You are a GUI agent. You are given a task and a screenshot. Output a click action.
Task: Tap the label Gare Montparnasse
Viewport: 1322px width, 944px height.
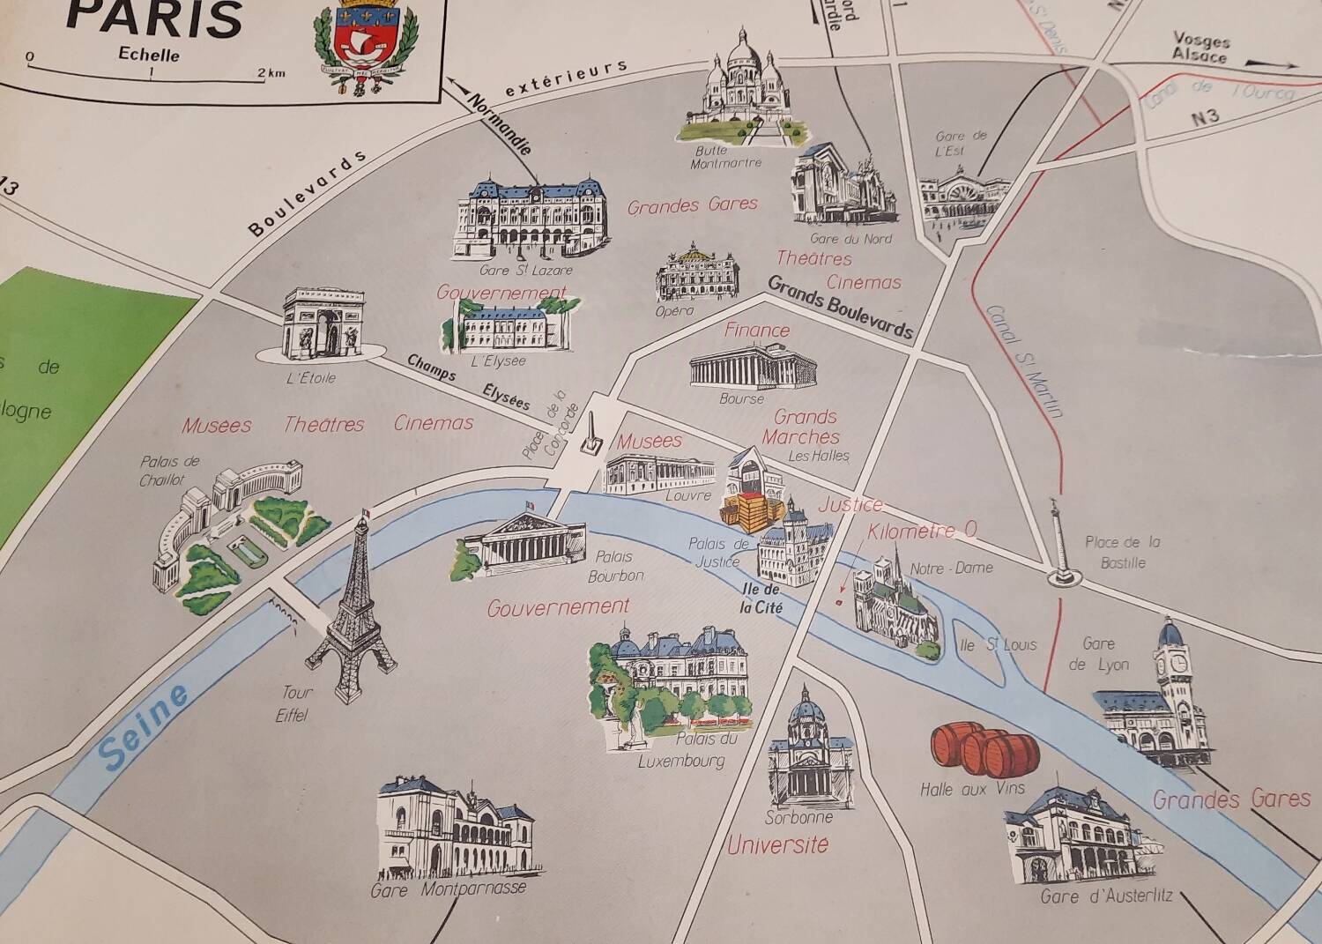pos(448,889)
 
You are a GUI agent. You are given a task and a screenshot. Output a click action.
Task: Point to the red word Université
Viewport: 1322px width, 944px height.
pos(778,845)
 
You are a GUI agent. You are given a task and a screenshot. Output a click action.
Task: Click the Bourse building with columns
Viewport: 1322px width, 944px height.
pos(753,365)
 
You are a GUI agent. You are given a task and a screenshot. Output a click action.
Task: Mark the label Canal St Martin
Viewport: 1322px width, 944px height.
pos(1025,361)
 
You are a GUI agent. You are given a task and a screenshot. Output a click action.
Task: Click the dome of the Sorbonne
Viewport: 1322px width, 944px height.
pos(806,710)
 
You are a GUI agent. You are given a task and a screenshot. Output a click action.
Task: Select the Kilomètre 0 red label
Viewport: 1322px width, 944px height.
pos(922,531)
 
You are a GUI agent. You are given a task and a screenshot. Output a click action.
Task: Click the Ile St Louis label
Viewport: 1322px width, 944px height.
pos(999,645)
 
